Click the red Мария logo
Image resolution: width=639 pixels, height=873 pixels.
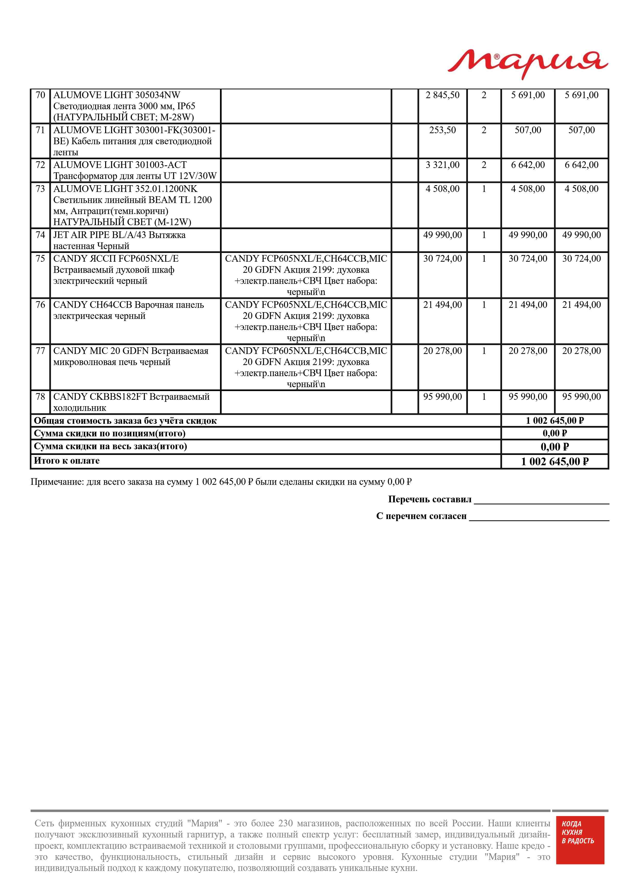(x=528, y=64)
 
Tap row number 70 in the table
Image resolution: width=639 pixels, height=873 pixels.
(x=40, y=95)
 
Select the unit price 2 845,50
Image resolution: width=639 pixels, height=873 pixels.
(x=442, y=95)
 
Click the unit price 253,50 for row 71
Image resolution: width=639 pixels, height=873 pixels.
(x=442, y=130)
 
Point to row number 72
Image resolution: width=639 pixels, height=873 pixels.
(x=40, y=165)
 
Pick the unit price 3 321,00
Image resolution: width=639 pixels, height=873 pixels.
(x=442, y=165)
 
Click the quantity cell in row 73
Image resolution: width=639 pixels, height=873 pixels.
(x=484, y=189)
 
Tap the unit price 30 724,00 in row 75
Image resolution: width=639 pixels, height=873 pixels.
(x=442, y=259)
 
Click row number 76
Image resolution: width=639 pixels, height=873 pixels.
(x=40, y=305)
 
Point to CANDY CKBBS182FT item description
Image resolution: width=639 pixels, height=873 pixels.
(x=131, y=402)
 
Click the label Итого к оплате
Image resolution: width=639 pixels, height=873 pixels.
(x=66, y=461)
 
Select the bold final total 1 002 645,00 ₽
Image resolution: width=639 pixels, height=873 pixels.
(x=555, y=462)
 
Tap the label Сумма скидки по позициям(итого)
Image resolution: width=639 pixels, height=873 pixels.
(x=110, y=433)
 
